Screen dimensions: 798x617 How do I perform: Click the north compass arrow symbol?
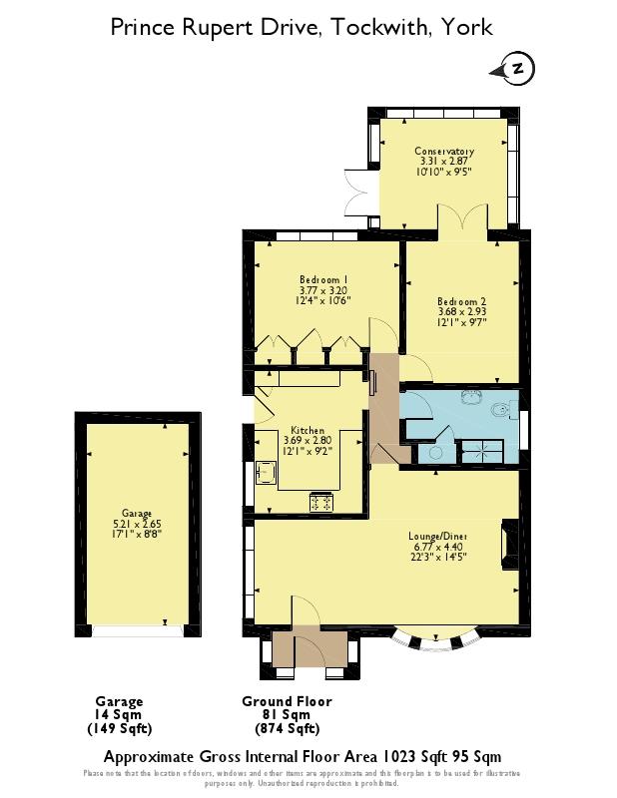tap(514, 68)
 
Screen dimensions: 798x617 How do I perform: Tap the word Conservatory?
tap(444, 152)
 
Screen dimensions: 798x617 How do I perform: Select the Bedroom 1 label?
tap(322, 279)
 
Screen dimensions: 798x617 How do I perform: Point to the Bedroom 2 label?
tap(461, 300)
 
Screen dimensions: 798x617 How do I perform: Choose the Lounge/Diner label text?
tap(438, 536)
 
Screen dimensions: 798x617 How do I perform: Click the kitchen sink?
tap(268, 471)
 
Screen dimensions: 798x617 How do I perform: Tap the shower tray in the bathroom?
tap(478, 452)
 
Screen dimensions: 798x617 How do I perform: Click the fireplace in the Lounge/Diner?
tap(510, 545)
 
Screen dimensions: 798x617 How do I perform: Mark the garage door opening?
tap(138, 630)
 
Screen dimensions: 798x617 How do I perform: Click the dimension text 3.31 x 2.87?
tap(444, 162)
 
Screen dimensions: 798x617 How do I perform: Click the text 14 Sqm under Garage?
tap(119, 714)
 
